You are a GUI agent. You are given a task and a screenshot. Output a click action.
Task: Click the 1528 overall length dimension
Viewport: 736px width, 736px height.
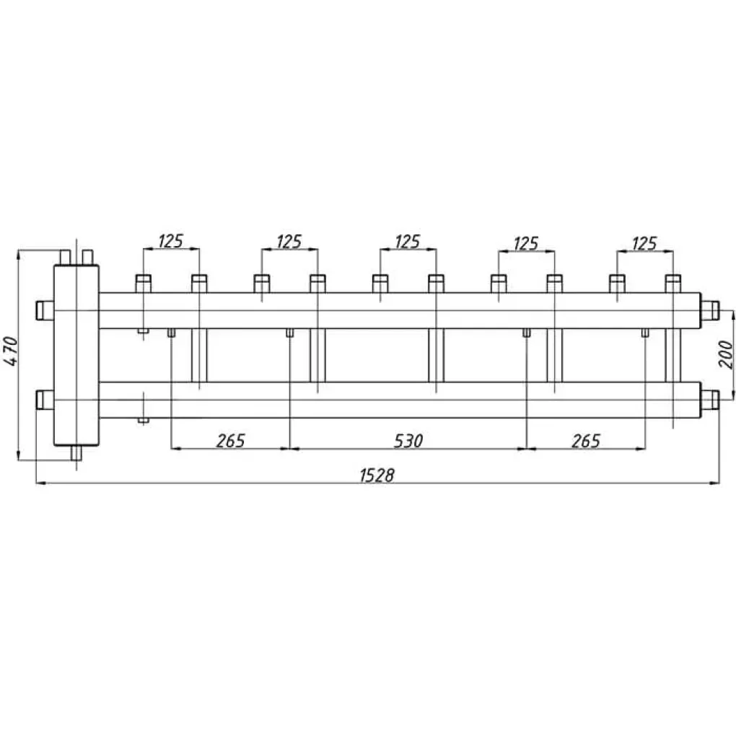(x=377, y=476)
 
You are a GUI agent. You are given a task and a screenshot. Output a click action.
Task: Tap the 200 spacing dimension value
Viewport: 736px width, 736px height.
(x=726, y=354)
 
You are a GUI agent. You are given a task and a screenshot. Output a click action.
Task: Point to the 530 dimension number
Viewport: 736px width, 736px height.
(x=408, y=441)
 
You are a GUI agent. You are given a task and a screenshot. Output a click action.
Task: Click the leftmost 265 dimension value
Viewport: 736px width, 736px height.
(x=230, y=441)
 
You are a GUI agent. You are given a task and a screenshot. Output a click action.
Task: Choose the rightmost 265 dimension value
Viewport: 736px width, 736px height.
(x=586, y=441)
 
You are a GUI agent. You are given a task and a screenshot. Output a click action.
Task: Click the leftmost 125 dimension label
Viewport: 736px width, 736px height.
(x=170, y=241)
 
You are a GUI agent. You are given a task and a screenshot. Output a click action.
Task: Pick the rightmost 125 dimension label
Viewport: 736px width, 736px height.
(x=644, y=244)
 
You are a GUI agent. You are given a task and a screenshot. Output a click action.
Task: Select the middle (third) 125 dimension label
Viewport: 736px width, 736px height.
(x=407, y=242)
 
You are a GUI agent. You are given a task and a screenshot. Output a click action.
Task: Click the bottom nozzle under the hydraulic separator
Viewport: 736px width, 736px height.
(x=76, y=453)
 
